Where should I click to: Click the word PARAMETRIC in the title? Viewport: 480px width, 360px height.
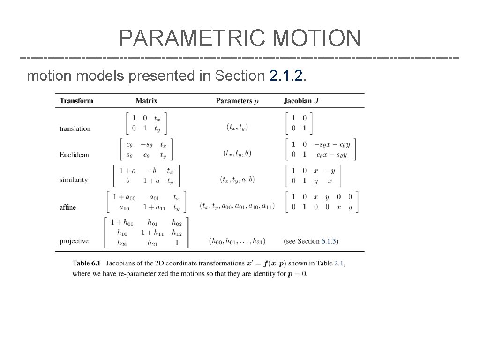(x=192, y=38)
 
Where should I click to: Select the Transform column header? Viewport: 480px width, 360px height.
(x=76, y=101)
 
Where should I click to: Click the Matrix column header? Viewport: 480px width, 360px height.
(x=146, y=101)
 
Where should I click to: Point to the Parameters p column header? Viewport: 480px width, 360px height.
(x=237, y=101)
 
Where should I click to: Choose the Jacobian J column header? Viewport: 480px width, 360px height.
(x=301, y=101)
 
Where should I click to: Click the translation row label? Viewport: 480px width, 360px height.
(x=75, y=128)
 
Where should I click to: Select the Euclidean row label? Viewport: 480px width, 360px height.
(x=74, y=155)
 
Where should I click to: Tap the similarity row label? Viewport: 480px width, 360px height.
(x=74, y=180)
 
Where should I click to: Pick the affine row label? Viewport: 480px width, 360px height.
(x=67, y=207)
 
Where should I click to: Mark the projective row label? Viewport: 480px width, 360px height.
(x=74, y=241)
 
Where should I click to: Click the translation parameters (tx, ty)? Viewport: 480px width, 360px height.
(x=237, y=127)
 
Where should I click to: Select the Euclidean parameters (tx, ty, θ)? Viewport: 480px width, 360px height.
(x=237, y=153)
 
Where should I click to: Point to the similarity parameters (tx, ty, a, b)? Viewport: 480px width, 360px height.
(x=237, y=180)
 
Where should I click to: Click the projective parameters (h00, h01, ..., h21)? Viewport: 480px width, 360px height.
(x=237, y=241)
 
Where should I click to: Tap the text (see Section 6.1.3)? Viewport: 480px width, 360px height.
(x=311, y=241)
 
